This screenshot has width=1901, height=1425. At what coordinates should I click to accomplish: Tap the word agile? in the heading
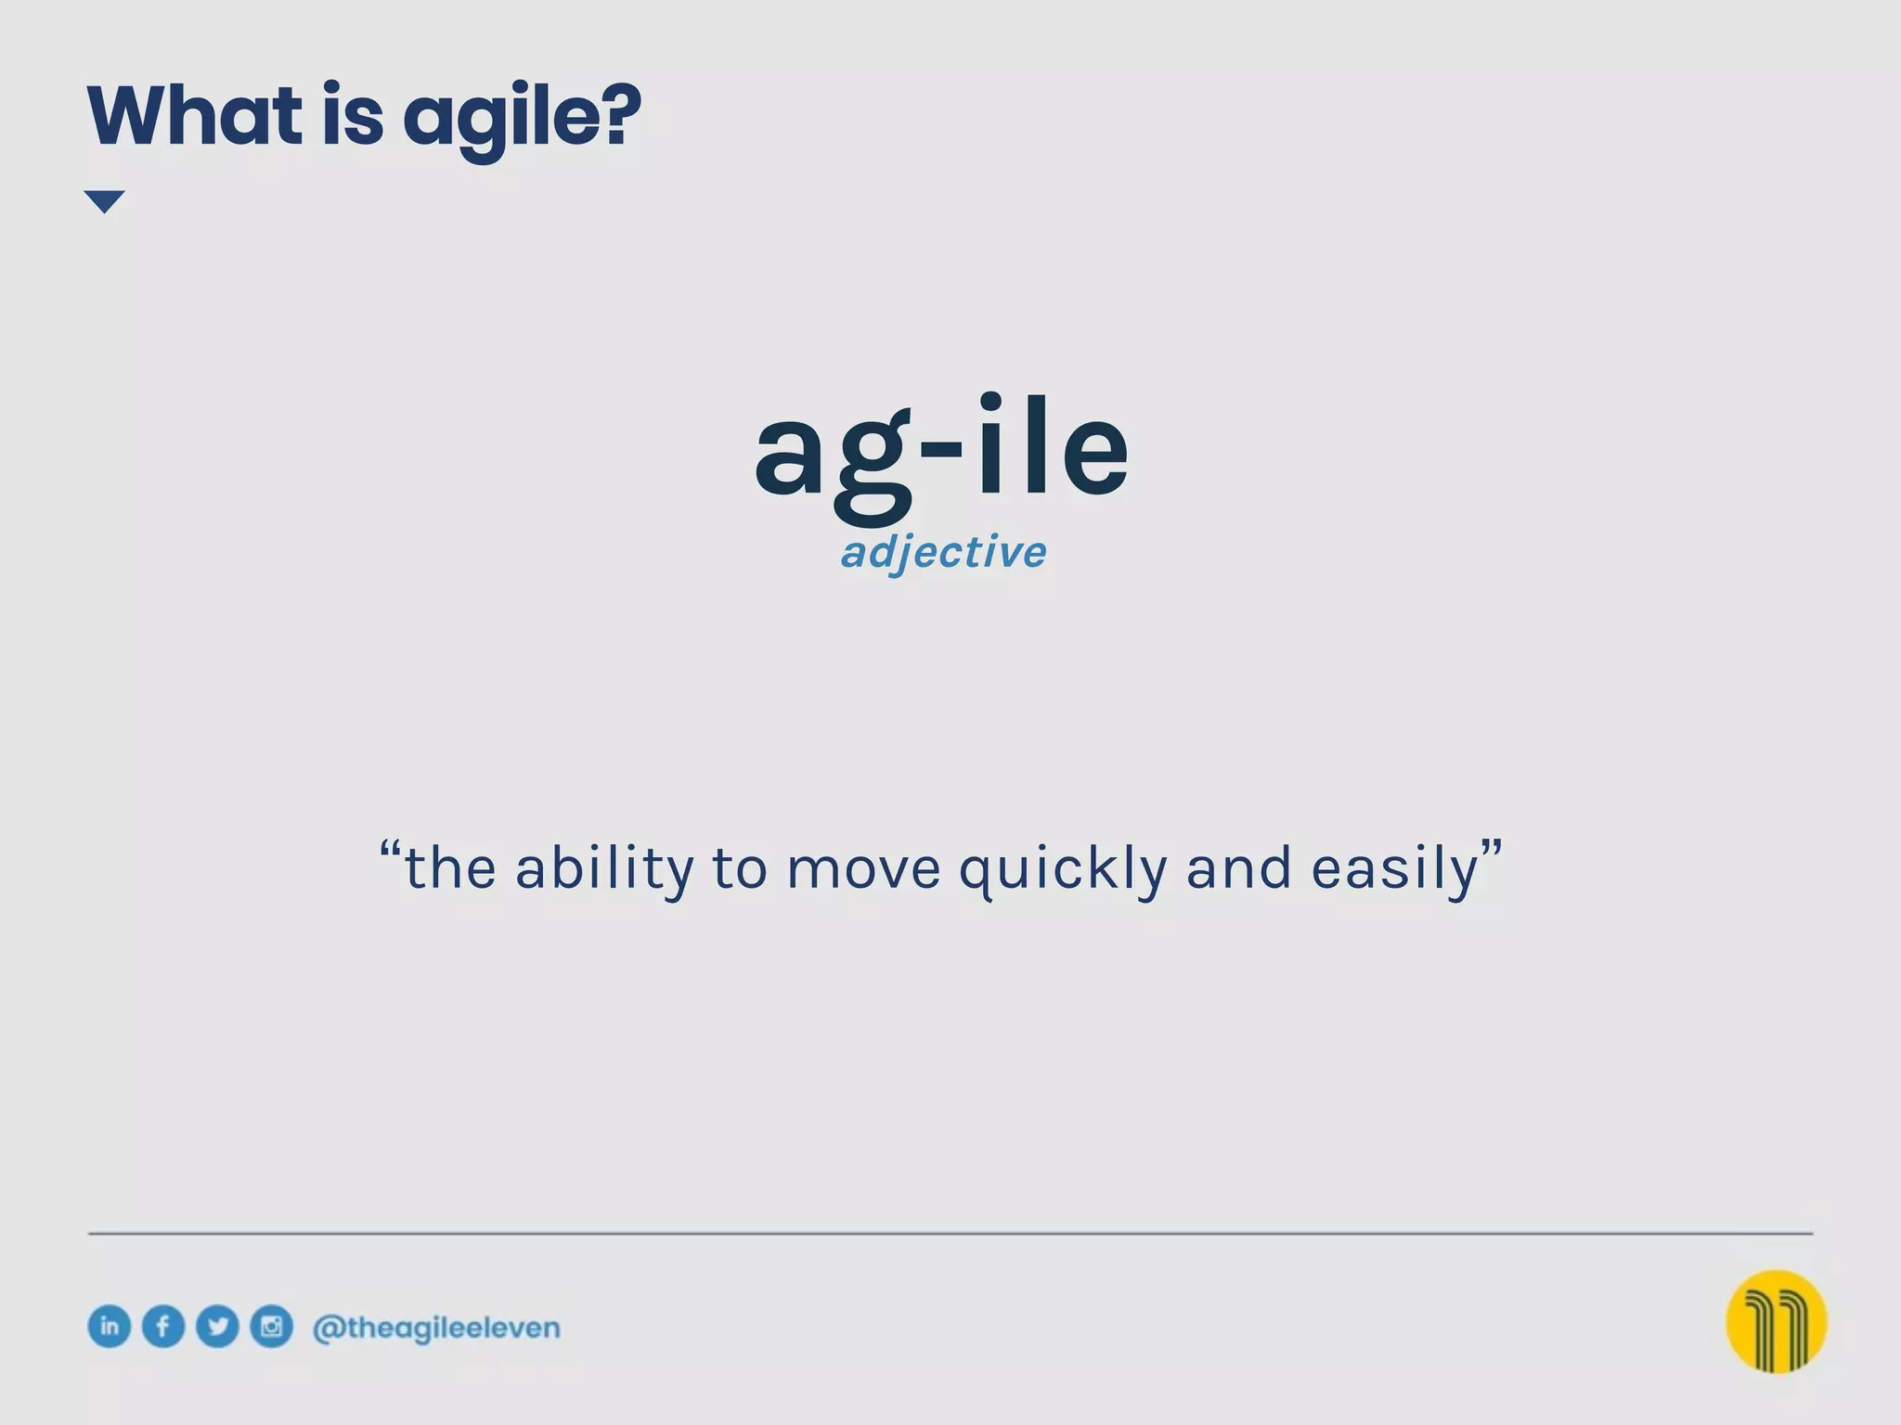[522, 119]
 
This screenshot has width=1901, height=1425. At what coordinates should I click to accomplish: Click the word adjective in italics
[943, 552]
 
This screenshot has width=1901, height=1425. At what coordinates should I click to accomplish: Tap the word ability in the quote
[604, 869]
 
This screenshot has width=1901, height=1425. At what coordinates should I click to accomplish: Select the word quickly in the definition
[1063, 869]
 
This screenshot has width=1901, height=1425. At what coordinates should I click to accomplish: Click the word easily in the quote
[1394, 869]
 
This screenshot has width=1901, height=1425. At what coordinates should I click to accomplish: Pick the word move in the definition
[863, 869]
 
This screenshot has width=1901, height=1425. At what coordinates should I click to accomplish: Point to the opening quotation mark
[391, 851]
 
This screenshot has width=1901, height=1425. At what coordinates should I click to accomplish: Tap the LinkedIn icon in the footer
[109, 1326]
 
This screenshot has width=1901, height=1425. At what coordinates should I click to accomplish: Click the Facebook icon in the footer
[163, 1326]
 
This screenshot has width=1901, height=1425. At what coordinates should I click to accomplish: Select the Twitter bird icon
[217, 1326]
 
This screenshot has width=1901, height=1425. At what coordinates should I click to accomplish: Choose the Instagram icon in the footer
[271, 1326]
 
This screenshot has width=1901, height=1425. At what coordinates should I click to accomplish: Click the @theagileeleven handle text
[436, 1328]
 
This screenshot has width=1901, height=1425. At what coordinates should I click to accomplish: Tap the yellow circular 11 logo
[1776, 1321]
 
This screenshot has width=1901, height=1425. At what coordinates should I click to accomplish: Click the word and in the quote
[1238, 869]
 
